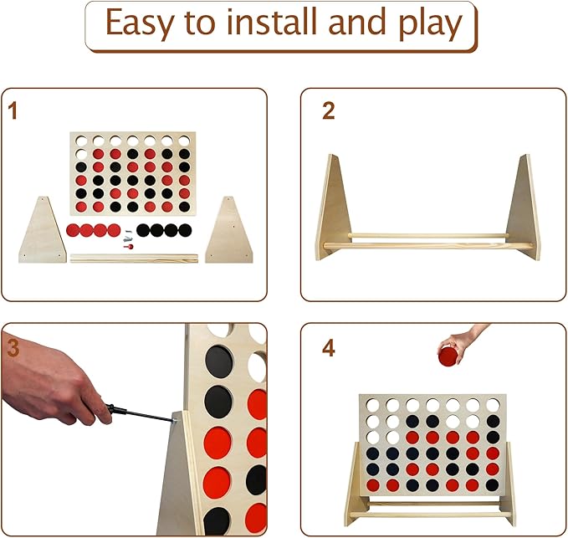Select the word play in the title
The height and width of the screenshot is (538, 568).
click(431, 24)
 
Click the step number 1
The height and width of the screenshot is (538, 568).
click(13, 110)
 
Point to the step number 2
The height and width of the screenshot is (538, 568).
click(329, 110)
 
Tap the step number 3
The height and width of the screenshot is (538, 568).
click(13, 348)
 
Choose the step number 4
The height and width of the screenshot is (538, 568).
click(329, 349)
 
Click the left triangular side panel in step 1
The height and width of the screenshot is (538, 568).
click(43, 231)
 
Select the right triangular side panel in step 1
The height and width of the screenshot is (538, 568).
click(229, 231)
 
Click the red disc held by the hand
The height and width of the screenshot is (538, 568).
click(448, 356)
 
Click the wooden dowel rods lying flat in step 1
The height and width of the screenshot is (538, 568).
click(134, 258)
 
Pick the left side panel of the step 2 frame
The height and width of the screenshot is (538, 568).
click(334, 208)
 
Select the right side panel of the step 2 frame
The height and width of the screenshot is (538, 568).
click(524, 208)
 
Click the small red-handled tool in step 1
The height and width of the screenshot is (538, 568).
click(128, 247)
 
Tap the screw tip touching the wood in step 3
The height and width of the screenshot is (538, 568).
click(176, 420)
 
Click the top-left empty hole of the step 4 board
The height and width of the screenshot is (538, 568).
click(372, 406)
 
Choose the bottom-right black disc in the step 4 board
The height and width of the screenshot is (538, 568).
click(492, 484)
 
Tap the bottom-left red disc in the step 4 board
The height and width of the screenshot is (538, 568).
click(373, 484)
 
